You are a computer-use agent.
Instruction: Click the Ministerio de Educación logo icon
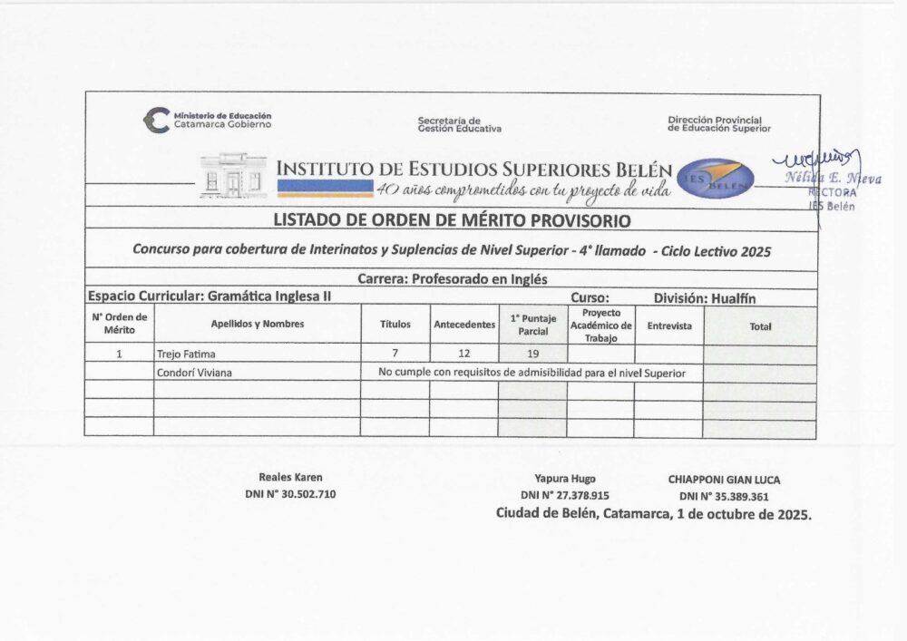[157, 120]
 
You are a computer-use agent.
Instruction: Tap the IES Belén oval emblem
[717, 176]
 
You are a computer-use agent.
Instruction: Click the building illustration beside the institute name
[233, 176]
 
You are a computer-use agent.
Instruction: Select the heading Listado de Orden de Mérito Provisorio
[452, 220]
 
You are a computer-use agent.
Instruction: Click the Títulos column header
[395, 325]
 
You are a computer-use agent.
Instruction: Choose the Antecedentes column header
[464, 325]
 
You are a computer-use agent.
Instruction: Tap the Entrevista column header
[669, 325]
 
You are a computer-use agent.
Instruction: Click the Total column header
[760, 325]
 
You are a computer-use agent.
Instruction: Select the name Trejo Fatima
[186, 354]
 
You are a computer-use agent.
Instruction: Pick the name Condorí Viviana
[193, 373]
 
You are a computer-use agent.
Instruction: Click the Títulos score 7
[395, 354]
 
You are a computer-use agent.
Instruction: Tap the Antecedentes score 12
[464, 354]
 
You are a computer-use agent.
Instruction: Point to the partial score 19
[532, 354]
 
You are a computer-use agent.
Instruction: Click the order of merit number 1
[119, 354]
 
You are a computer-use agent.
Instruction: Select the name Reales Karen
[290, 477]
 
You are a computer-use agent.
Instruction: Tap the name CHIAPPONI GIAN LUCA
[723, 479]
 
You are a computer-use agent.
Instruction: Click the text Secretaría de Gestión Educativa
[459, 124]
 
